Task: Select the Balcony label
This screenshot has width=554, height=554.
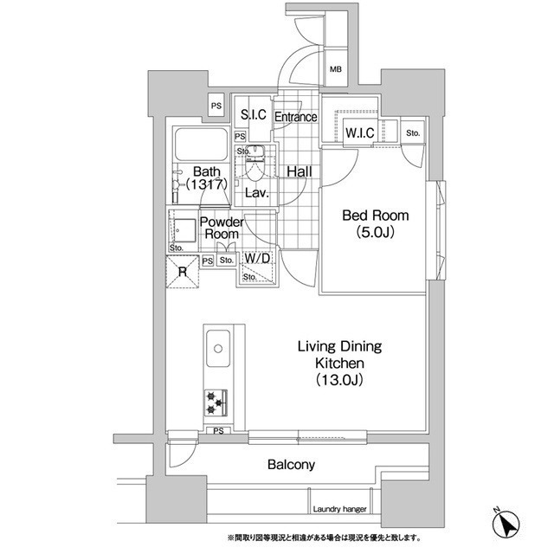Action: pyautogui.click(x=291, y=465)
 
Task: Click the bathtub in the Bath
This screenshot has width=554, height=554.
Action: pyautogui.click(x=202, y=145)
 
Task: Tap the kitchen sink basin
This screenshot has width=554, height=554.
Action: pyautogui.click(x=218, y=349)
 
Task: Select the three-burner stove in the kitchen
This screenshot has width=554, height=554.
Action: pyautogui.click(x=216, y=403)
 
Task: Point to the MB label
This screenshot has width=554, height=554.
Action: pyautogui.click(x=336, y=69)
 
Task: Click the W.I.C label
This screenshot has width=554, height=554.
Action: pyautogui.click(x=360, y=132)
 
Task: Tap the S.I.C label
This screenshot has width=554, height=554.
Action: pyautogui.click(x=254, y=114)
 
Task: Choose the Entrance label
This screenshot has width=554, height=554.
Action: pyautogui.click(x=296, y=117)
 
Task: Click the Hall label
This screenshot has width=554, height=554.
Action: pyautogui.click(x=300, y=172)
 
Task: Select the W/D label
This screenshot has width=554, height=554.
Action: pyautogui.click(x=257, y=258)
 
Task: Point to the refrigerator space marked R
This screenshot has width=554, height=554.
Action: pyautogui.click(x=183, y=272)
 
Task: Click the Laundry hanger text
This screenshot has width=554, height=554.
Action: pyautogui.click(x=339, y=509)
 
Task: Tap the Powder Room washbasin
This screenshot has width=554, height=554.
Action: pyautogui.click(x=184, y=230)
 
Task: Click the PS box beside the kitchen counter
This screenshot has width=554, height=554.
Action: pyautogui.click(x=218, y=431)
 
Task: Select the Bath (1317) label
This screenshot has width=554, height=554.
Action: pyautogui.click(x=206, y=178)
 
